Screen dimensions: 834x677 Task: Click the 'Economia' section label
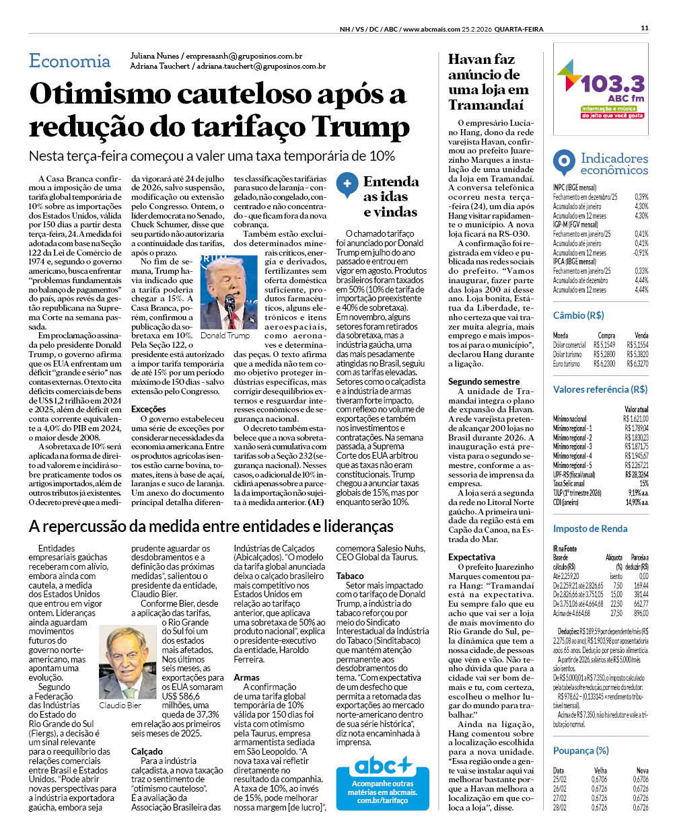coord(69,61)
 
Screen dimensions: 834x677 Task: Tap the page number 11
coord(645,28)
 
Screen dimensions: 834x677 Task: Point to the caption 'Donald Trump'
coord(225,335)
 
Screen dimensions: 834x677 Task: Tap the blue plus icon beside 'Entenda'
coord(347,184)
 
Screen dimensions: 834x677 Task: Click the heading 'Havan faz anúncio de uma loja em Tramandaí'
coord(489,82)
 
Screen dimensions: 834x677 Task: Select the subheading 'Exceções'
coord(149,409)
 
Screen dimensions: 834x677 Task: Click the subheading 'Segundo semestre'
coord(484,381)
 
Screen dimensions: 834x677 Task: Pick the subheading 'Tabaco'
coord(350,576)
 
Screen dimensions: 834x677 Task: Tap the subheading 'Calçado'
coord(147,751)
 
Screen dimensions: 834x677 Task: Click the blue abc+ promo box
coord(382,783)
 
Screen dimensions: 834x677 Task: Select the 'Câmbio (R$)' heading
coord(578,315)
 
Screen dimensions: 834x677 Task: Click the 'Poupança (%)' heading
coord(580,751)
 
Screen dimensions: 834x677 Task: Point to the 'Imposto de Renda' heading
coord(590,529)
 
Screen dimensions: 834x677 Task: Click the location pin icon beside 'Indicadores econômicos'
coord(563,163)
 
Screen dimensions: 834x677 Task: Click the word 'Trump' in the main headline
coord(361,126)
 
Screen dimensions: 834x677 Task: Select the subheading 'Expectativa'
coord(471,557)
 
